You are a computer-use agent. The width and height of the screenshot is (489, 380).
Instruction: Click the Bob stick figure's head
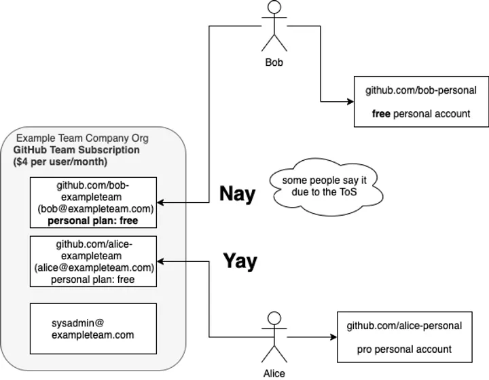pos(274,9)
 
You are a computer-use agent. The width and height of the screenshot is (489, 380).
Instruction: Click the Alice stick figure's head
pos(274,318)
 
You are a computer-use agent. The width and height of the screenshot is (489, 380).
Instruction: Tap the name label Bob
pos(274,62)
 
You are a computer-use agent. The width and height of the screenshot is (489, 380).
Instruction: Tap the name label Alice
pos(274,373)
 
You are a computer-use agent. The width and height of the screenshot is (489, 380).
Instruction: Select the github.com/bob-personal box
pos(420,102)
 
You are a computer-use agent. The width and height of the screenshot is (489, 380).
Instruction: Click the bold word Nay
pos(237,194)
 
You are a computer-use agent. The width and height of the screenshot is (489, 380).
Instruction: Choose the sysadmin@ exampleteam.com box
pos(94,328)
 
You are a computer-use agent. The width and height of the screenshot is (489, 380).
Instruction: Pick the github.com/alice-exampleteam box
pos(94,261)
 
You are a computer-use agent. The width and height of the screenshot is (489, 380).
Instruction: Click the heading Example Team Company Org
pos(82,138)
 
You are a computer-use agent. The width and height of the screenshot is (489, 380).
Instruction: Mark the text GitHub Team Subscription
pos(77,150)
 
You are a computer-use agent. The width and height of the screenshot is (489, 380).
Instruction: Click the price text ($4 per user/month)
pos(59,162)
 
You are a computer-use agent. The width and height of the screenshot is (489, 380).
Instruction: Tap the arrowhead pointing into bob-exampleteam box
pos(161,202)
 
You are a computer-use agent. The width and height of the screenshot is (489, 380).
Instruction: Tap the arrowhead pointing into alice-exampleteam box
pos(161,261)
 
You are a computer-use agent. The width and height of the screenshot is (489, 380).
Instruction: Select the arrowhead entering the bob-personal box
pos(350,102)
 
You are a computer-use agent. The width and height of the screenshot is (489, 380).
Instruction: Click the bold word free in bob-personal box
pos(381,114)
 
